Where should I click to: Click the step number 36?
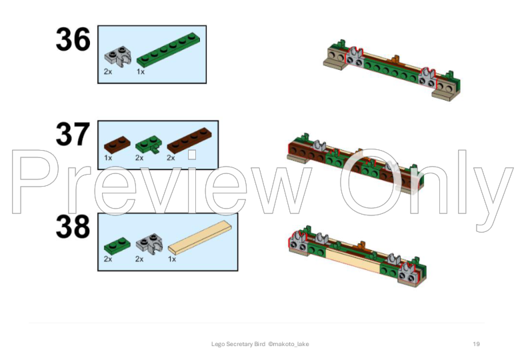point(73,39)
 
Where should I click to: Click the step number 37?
point(73,134)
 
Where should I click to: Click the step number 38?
point(73,227)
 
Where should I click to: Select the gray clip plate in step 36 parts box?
point(118,57)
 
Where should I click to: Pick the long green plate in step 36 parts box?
point(169,50)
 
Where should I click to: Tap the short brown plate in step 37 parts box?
point(117,145)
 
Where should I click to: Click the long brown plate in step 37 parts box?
point(189,141)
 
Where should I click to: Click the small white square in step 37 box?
point(192,155)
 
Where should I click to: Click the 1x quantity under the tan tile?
point(172,259)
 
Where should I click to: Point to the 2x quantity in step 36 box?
point(108,71)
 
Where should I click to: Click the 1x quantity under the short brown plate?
point(108,158)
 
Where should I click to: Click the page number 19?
point(476,344)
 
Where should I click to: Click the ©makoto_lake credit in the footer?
point(289,344)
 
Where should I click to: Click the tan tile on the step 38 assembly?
point(353,261)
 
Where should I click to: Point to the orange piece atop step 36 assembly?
point(395,60)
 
